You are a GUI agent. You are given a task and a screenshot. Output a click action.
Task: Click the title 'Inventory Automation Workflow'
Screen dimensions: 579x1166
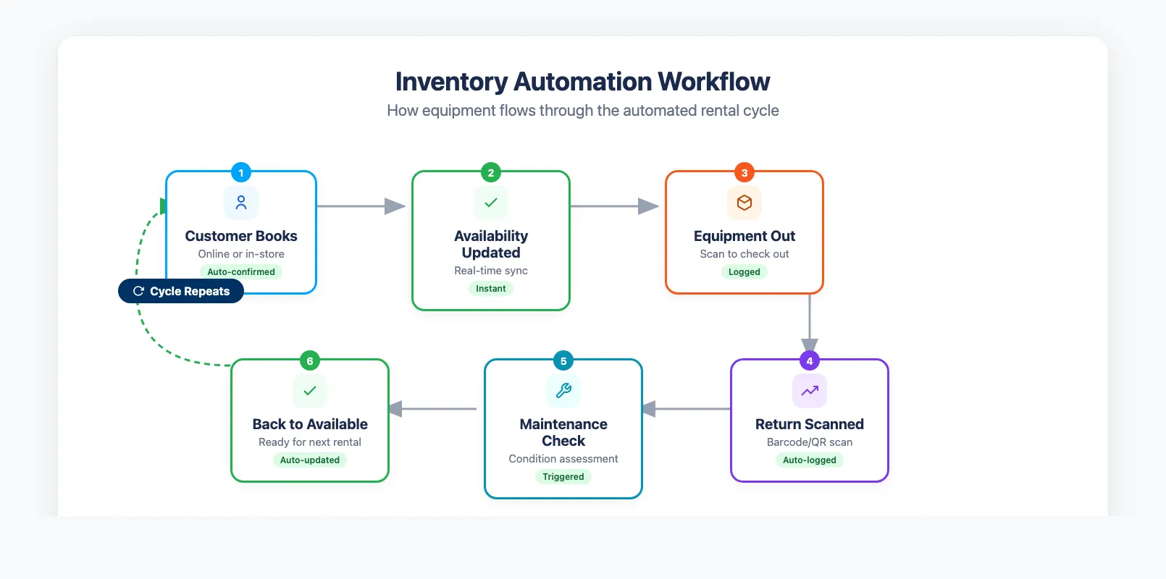582,82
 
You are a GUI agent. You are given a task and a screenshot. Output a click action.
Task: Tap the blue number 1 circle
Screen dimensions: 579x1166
241,173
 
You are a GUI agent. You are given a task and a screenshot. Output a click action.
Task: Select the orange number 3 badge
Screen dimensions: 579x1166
744,173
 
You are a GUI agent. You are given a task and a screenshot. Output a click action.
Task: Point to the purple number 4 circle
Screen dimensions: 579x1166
809,361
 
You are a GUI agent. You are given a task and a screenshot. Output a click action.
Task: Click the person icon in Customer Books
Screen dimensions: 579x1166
241,203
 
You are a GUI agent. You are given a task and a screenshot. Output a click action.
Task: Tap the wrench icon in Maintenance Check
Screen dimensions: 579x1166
563,391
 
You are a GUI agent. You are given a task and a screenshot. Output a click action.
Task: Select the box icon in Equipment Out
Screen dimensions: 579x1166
744,203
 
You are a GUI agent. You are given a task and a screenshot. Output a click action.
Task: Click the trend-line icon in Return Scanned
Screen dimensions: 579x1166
809,391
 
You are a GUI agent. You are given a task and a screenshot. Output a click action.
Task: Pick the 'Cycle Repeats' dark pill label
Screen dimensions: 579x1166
181,291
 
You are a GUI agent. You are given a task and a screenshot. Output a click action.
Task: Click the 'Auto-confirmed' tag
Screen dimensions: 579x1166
241,272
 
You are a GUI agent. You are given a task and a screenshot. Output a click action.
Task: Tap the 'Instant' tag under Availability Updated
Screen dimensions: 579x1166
490,289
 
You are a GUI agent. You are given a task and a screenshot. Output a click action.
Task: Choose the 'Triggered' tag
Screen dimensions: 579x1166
563,477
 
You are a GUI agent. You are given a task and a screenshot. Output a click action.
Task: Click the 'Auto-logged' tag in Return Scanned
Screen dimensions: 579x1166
809,460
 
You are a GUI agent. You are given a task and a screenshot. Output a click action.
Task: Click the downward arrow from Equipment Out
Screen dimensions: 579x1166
809,322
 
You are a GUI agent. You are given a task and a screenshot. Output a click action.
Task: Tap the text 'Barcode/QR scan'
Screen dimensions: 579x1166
809,442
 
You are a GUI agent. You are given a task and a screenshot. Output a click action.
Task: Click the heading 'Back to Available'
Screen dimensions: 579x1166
310,424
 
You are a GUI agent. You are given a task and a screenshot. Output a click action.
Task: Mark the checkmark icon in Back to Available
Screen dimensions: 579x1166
310,391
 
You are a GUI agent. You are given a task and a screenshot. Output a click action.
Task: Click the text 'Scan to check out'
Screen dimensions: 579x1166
744,254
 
